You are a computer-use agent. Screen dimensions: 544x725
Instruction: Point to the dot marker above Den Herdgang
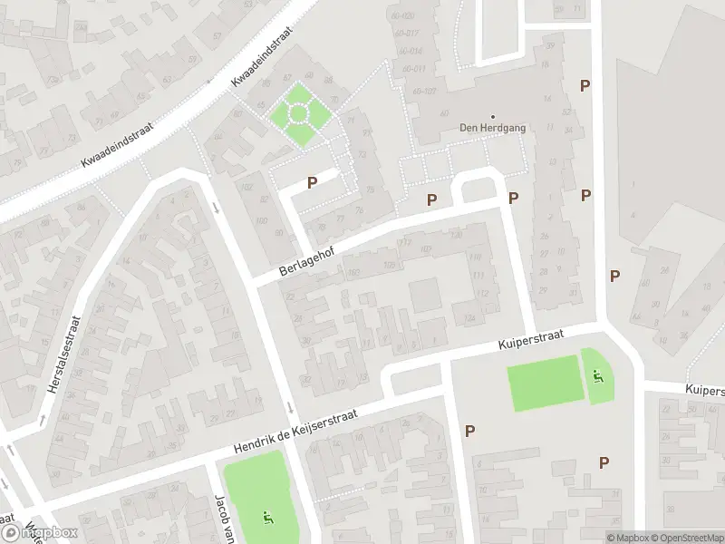[493, 116]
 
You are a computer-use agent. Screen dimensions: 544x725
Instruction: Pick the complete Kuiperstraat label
[531, 341]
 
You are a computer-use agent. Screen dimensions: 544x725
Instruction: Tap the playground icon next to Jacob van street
[266, 518]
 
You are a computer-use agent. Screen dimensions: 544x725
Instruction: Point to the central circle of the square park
[297, 114]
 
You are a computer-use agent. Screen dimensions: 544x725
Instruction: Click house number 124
[469, 318]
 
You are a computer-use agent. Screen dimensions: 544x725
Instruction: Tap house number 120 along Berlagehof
[456, 236]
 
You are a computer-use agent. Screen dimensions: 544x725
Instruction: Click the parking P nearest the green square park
[312, 182]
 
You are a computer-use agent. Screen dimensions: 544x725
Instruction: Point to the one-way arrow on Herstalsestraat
[42, 420]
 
